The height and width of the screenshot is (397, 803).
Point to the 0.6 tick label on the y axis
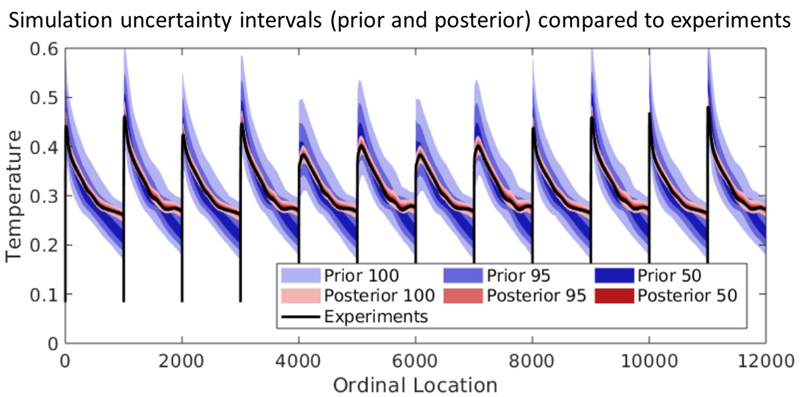coord(43,50)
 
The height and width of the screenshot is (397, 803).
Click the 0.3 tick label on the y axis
coord(43,196)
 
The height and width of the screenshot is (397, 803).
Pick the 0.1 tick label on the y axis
coord(43,294)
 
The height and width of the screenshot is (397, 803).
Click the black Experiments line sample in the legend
coord(300,316)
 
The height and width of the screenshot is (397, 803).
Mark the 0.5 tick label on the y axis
coord(43,98)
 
